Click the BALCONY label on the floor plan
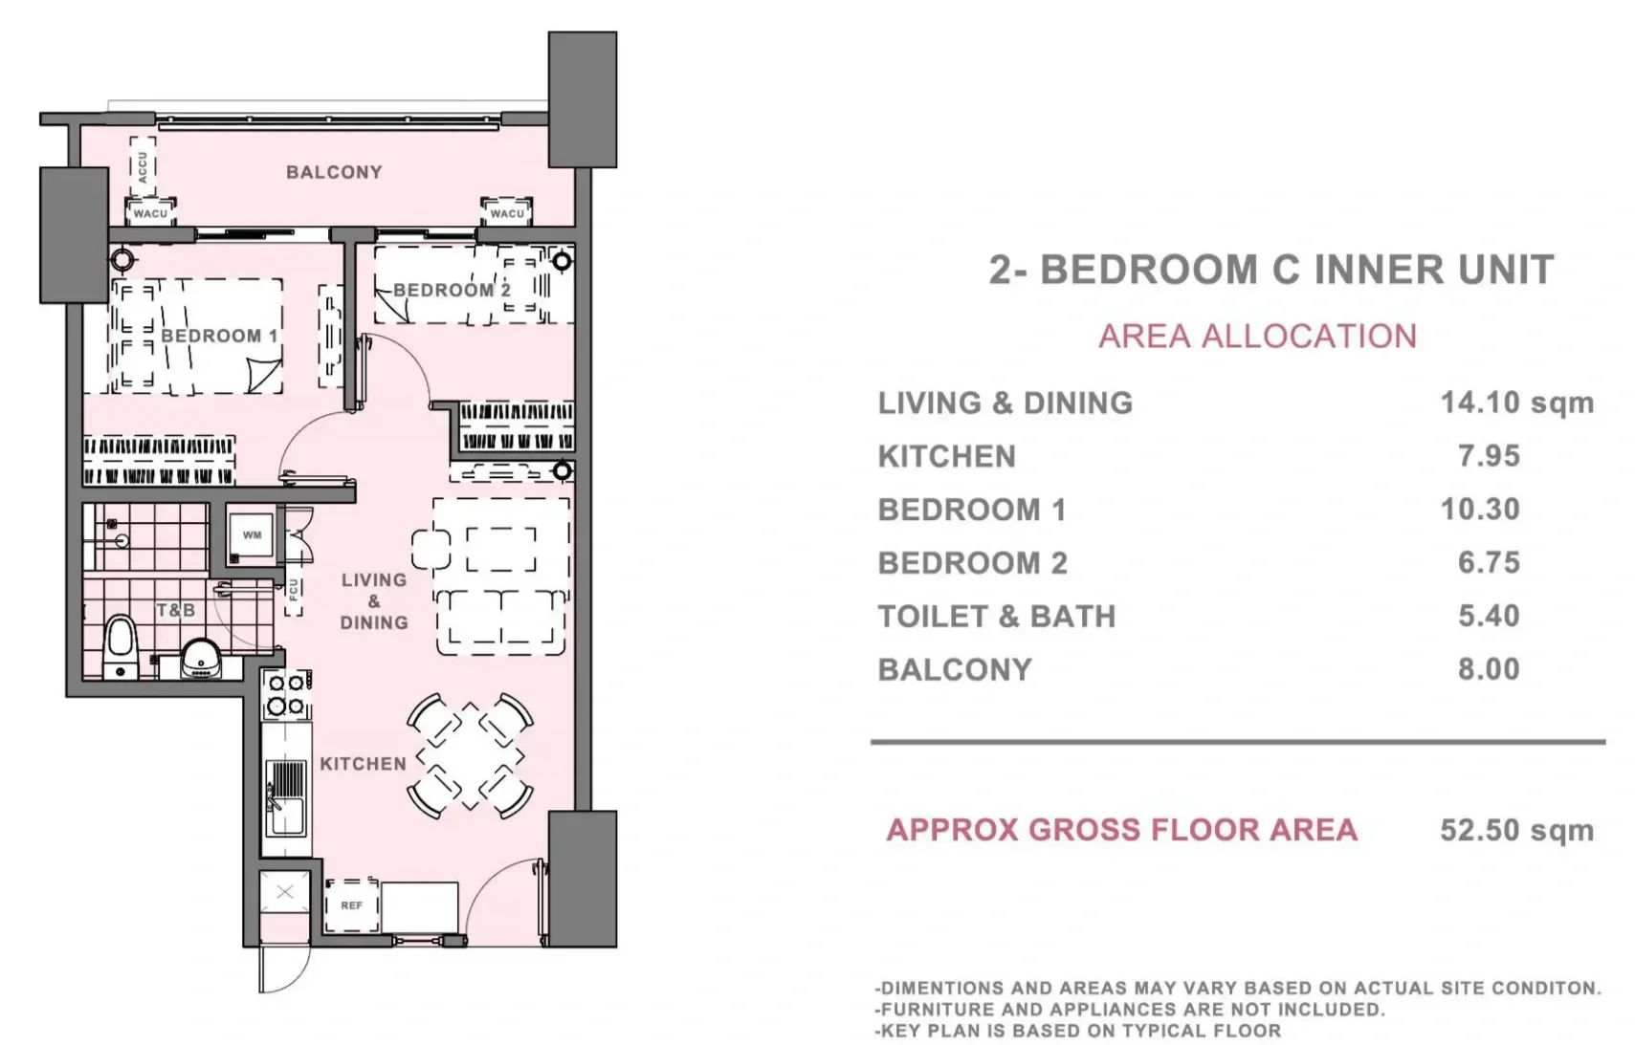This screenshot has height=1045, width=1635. click(334, 172)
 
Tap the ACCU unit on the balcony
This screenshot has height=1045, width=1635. click(143, 167)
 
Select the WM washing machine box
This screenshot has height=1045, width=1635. click(252, 534)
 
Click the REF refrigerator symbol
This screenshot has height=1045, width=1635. click(352, 905)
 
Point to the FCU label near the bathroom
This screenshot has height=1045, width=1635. click(294, 589)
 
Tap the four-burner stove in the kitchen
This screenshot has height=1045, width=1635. click(286, 695)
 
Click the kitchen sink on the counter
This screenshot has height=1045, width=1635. click(285, 797)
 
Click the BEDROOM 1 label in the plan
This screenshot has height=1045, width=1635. click(219, 336)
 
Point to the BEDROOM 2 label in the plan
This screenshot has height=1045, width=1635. click(452, 291)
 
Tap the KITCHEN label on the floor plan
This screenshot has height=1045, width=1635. click(363, 764)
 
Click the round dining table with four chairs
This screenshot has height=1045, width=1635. click(470, 756)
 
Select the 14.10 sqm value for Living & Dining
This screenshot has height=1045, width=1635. click(1516, 403)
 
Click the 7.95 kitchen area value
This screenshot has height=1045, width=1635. click(1489, 456)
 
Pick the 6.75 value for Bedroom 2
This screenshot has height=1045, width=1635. click(1489, 562)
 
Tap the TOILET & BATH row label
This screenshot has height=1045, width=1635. click(997, 617)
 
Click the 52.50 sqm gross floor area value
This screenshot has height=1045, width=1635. click(1516, 830)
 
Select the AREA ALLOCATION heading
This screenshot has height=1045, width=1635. click(1258, 337)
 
